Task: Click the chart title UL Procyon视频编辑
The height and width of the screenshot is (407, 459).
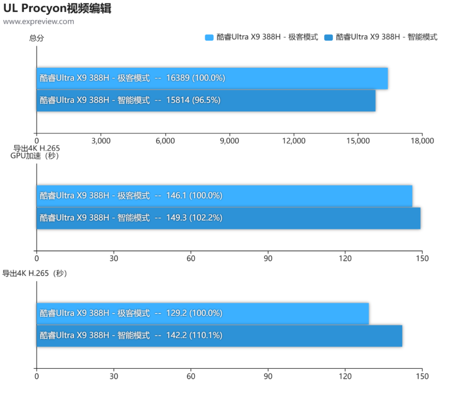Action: [x=57, y=8]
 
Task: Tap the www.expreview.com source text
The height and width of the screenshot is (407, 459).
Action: [x=38, y=21]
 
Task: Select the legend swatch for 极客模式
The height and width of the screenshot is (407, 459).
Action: [x=209, y=37]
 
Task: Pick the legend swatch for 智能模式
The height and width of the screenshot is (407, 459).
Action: [x=328, y=37]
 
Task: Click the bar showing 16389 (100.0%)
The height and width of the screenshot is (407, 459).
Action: [x=212, y=78]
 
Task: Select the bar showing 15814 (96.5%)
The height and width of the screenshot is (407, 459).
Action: [x=206, y=101]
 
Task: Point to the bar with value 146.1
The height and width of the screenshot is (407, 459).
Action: [x=225, y=196]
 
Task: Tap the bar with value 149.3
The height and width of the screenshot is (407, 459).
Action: [x=229, y=218]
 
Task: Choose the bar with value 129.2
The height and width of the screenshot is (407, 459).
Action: [x=203, y=313]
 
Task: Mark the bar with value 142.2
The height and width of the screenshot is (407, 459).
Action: [x=219, y=336]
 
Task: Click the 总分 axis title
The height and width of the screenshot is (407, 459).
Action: [x=37, y=38]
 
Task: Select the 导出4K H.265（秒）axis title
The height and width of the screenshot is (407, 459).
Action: [x=35, y=273]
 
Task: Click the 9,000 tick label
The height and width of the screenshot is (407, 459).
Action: [x=229, y=141]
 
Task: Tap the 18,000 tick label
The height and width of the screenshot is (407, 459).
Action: [x=422, y=141]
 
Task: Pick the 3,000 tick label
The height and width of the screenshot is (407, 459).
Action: [x=101, y=141]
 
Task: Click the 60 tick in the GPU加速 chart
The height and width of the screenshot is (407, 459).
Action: [x=191, y=258]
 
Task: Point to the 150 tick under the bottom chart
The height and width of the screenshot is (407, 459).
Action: [x=422, y=376]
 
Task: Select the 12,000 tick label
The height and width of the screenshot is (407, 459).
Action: [x=294, y=141]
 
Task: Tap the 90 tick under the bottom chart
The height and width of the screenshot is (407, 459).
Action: [x=268, y=376]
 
